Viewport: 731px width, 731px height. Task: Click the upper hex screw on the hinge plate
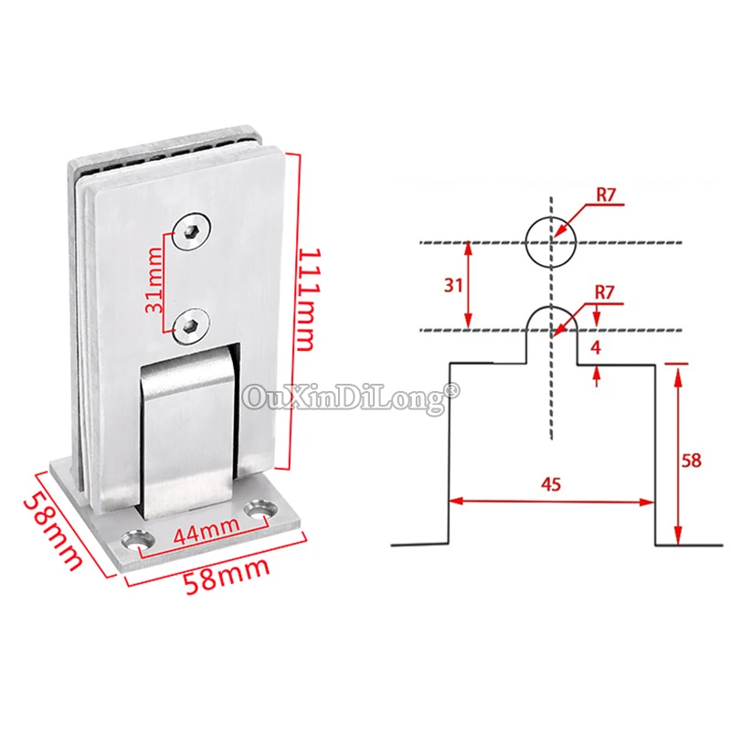point(192,231)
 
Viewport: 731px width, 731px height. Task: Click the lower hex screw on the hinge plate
point(190,326)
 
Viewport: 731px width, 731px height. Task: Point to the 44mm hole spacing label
point(207,530)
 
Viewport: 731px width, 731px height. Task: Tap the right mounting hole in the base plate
point(262,510)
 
